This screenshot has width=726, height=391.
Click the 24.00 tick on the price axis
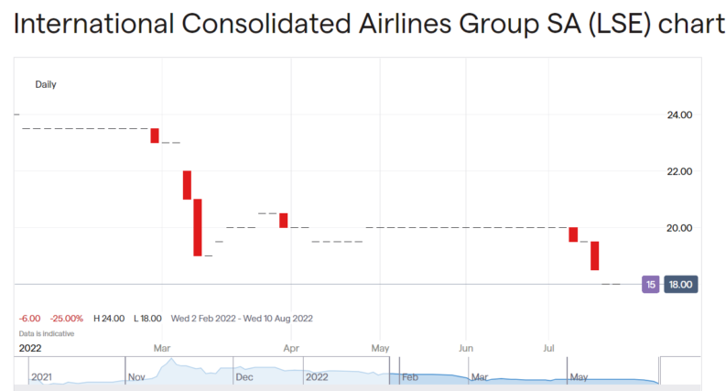[x=678, y=115]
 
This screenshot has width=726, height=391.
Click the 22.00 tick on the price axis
[x=678, y=172]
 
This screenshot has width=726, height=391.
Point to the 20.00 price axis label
[x=678, y=228]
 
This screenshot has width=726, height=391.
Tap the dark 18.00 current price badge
[x=680, y=285]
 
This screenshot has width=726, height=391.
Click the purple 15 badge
[x=650, y=285]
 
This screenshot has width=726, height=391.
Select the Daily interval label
[x=46, y=84]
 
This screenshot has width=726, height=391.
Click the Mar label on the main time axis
[x=162, y=349]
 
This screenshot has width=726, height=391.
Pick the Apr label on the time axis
[x=291, y=349]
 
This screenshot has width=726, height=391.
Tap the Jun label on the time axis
[x=465, y=349]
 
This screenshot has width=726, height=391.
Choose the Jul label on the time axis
[x=549, y=349]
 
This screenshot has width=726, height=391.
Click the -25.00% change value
[x=66, y=319]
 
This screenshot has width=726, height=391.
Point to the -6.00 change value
[x=30, y=319]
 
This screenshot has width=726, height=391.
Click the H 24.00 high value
[x=110, y=319]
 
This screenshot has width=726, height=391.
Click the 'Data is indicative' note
[x=47, y=333]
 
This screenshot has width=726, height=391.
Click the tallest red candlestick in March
[x=197, y=227]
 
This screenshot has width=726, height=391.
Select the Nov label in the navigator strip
[x=137, y=376]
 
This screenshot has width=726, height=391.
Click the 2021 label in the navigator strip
[x=42, y=376]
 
